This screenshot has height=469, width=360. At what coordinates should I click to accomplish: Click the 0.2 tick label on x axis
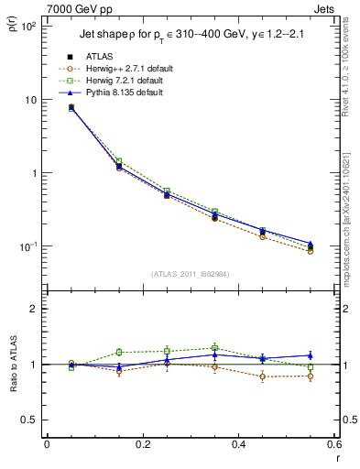pyautogui.click(x=142, y=444)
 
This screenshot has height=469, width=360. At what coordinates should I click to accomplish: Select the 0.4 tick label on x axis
pyautogui.click(x=238, y=444)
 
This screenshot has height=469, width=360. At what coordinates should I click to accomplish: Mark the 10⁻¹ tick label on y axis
pyautogui.click(x=28, y=246)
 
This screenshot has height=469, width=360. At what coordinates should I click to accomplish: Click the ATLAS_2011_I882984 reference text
pyautogui.click(x=191, y=274)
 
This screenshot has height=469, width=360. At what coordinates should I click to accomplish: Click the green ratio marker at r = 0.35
pyautogui.click(x=214, y=348)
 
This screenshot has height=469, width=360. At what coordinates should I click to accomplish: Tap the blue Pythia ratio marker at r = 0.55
pyautogui.click(x=311, y=355)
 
